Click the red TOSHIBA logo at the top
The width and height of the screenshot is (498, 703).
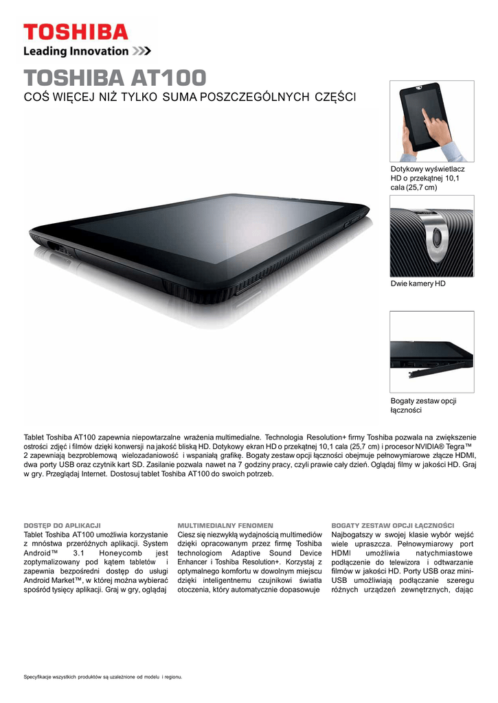click(76, 32)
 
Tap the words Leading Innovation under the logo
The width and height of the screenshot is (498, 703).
click(76, 51)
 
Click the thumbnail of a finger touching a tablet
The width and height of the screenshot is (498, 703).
click(431, 121)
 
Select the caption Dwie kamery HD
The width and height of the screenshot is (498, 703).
click(418, 283)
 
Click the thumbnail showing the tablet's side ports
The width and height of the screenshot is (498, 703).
click(431, 352)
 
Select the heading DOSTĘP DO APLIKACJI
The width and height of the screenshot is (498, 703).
click(63, 525)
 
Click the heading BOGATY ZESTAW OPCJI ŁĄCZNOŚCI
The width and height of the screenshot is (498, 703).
click(393, 525)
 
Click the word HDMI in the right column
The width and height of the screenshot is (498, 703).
click(341, 553)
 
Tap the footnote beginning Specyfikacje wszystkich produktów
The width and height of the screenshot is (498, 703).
click(103, 678)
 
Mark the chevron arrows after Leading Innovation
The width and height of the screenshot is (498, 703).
click(142, 51)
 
